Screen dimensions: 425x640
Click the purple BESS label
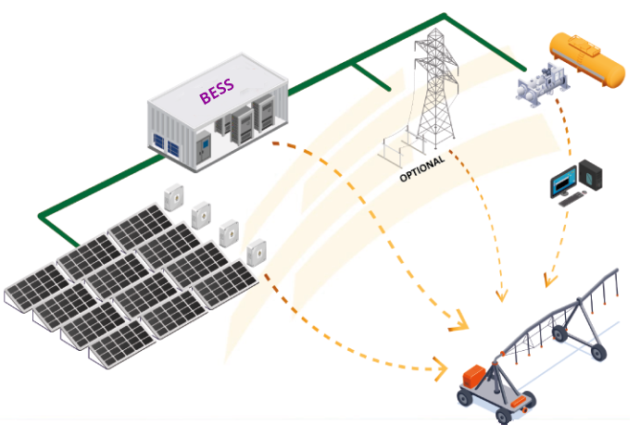coord(217,92)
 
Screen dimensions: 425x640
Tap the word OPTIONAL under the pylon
coord(422,167)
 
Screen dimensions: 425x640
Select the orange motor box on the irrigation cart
coord(476,376)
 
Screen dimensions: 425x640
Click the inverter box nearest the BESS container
coord(173,196)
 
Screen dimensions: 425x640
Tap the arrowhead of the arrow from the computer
coord(549,278)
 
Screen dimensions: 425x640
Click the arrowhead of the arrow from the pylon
coord(501,295)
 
